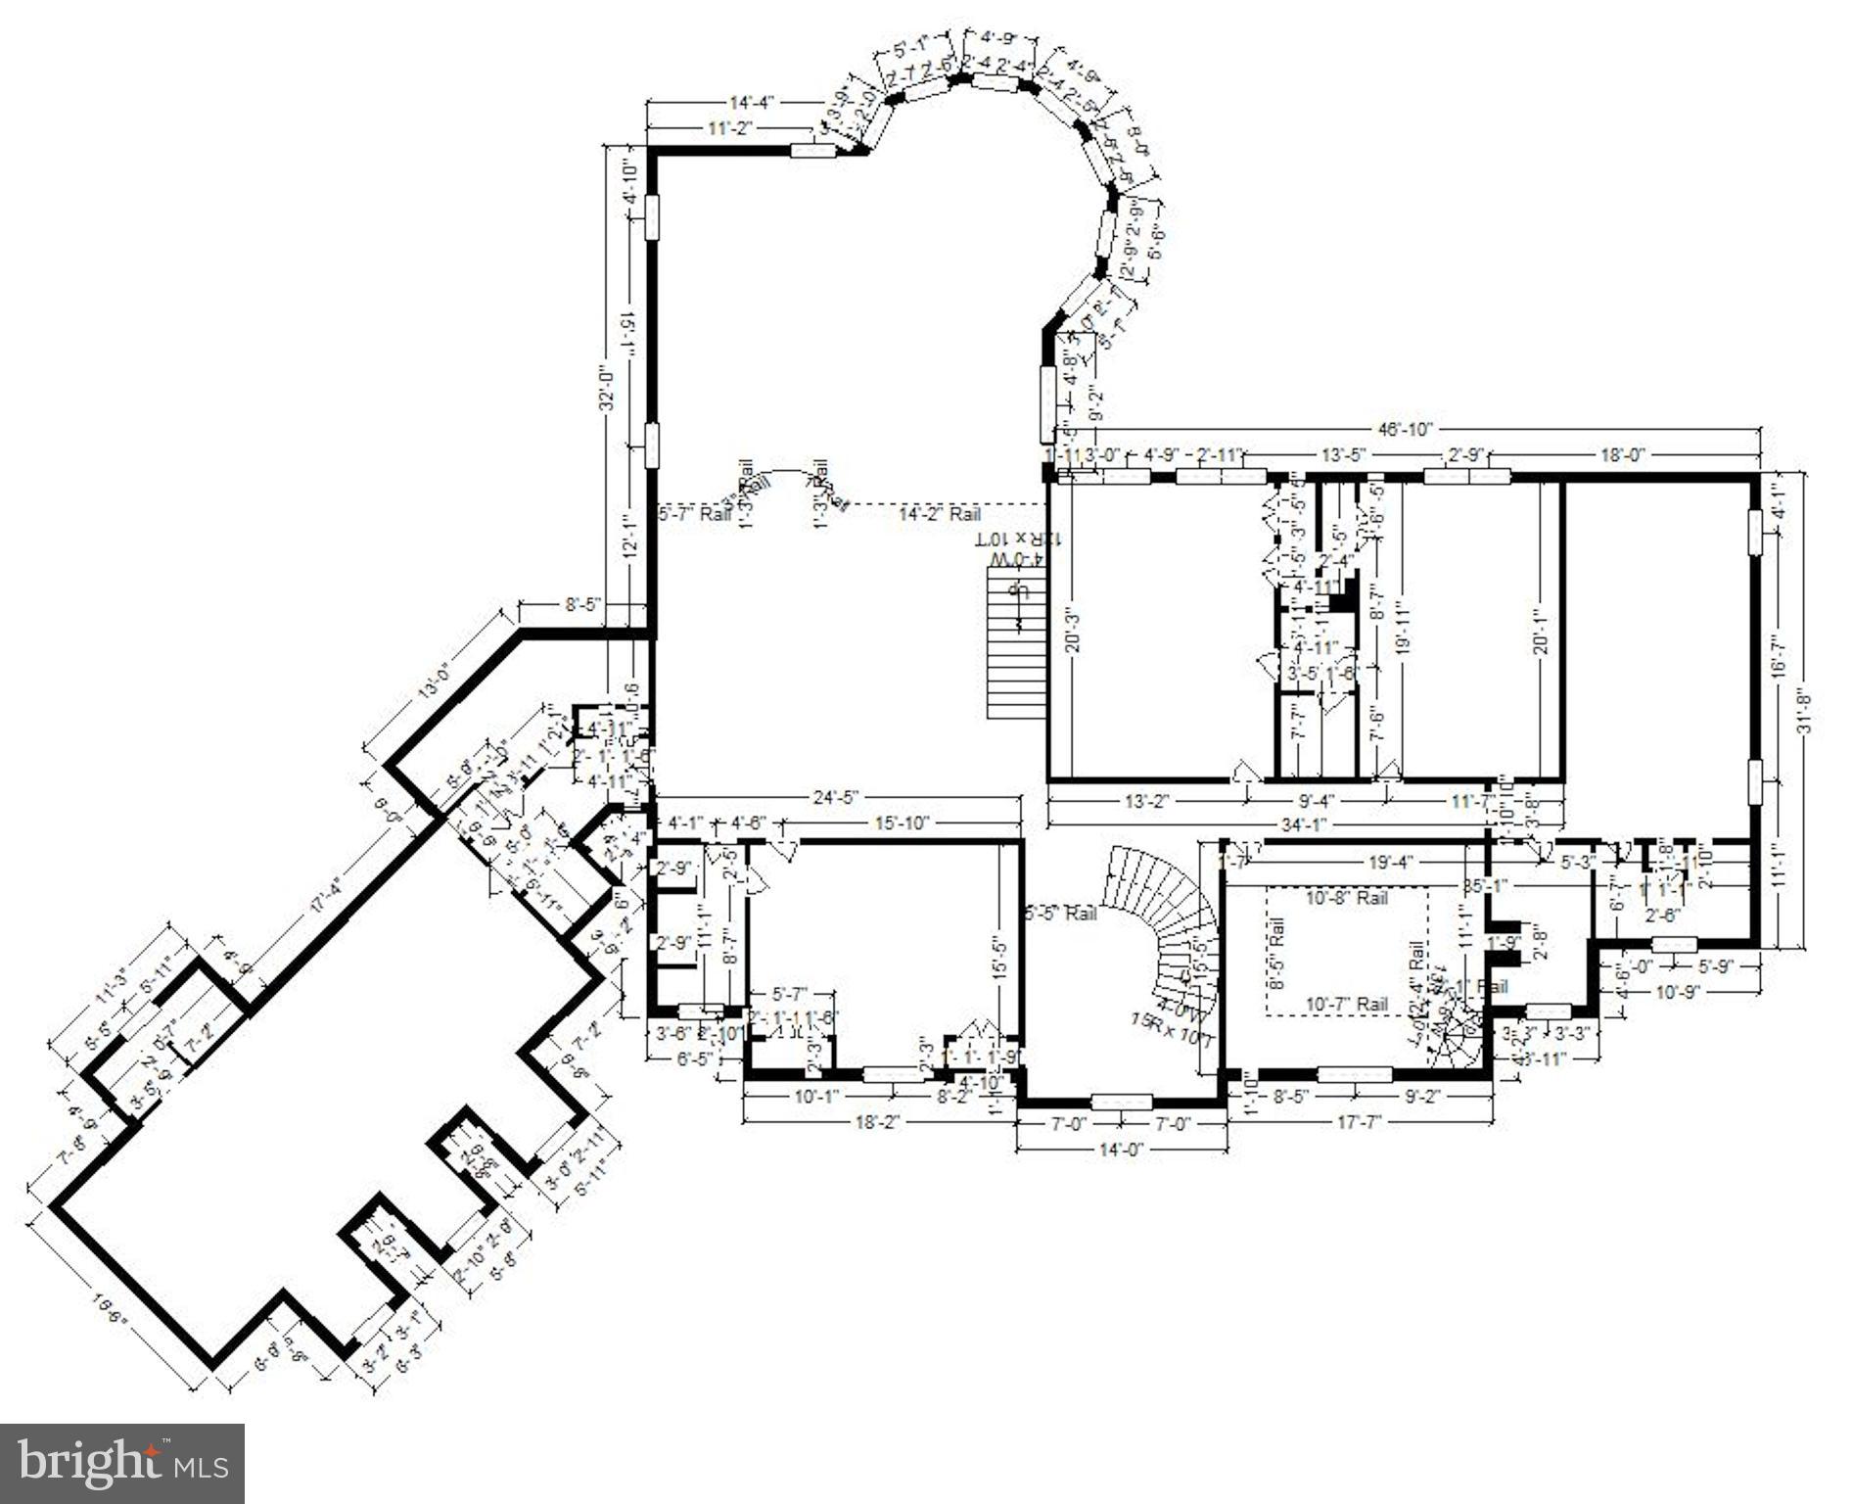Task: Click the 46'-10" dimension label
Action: [x=1406, y=429]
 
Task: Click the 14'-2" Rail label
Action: [x=940, y=513]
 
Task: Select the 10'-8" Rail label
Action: [x=1345, y=897]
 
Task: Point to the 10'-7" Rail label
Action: [x=1346, y=1004]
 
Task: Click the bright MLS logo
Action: [x=121, y=1463]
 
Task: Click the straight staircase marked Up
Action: [x=1014, y=646]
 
